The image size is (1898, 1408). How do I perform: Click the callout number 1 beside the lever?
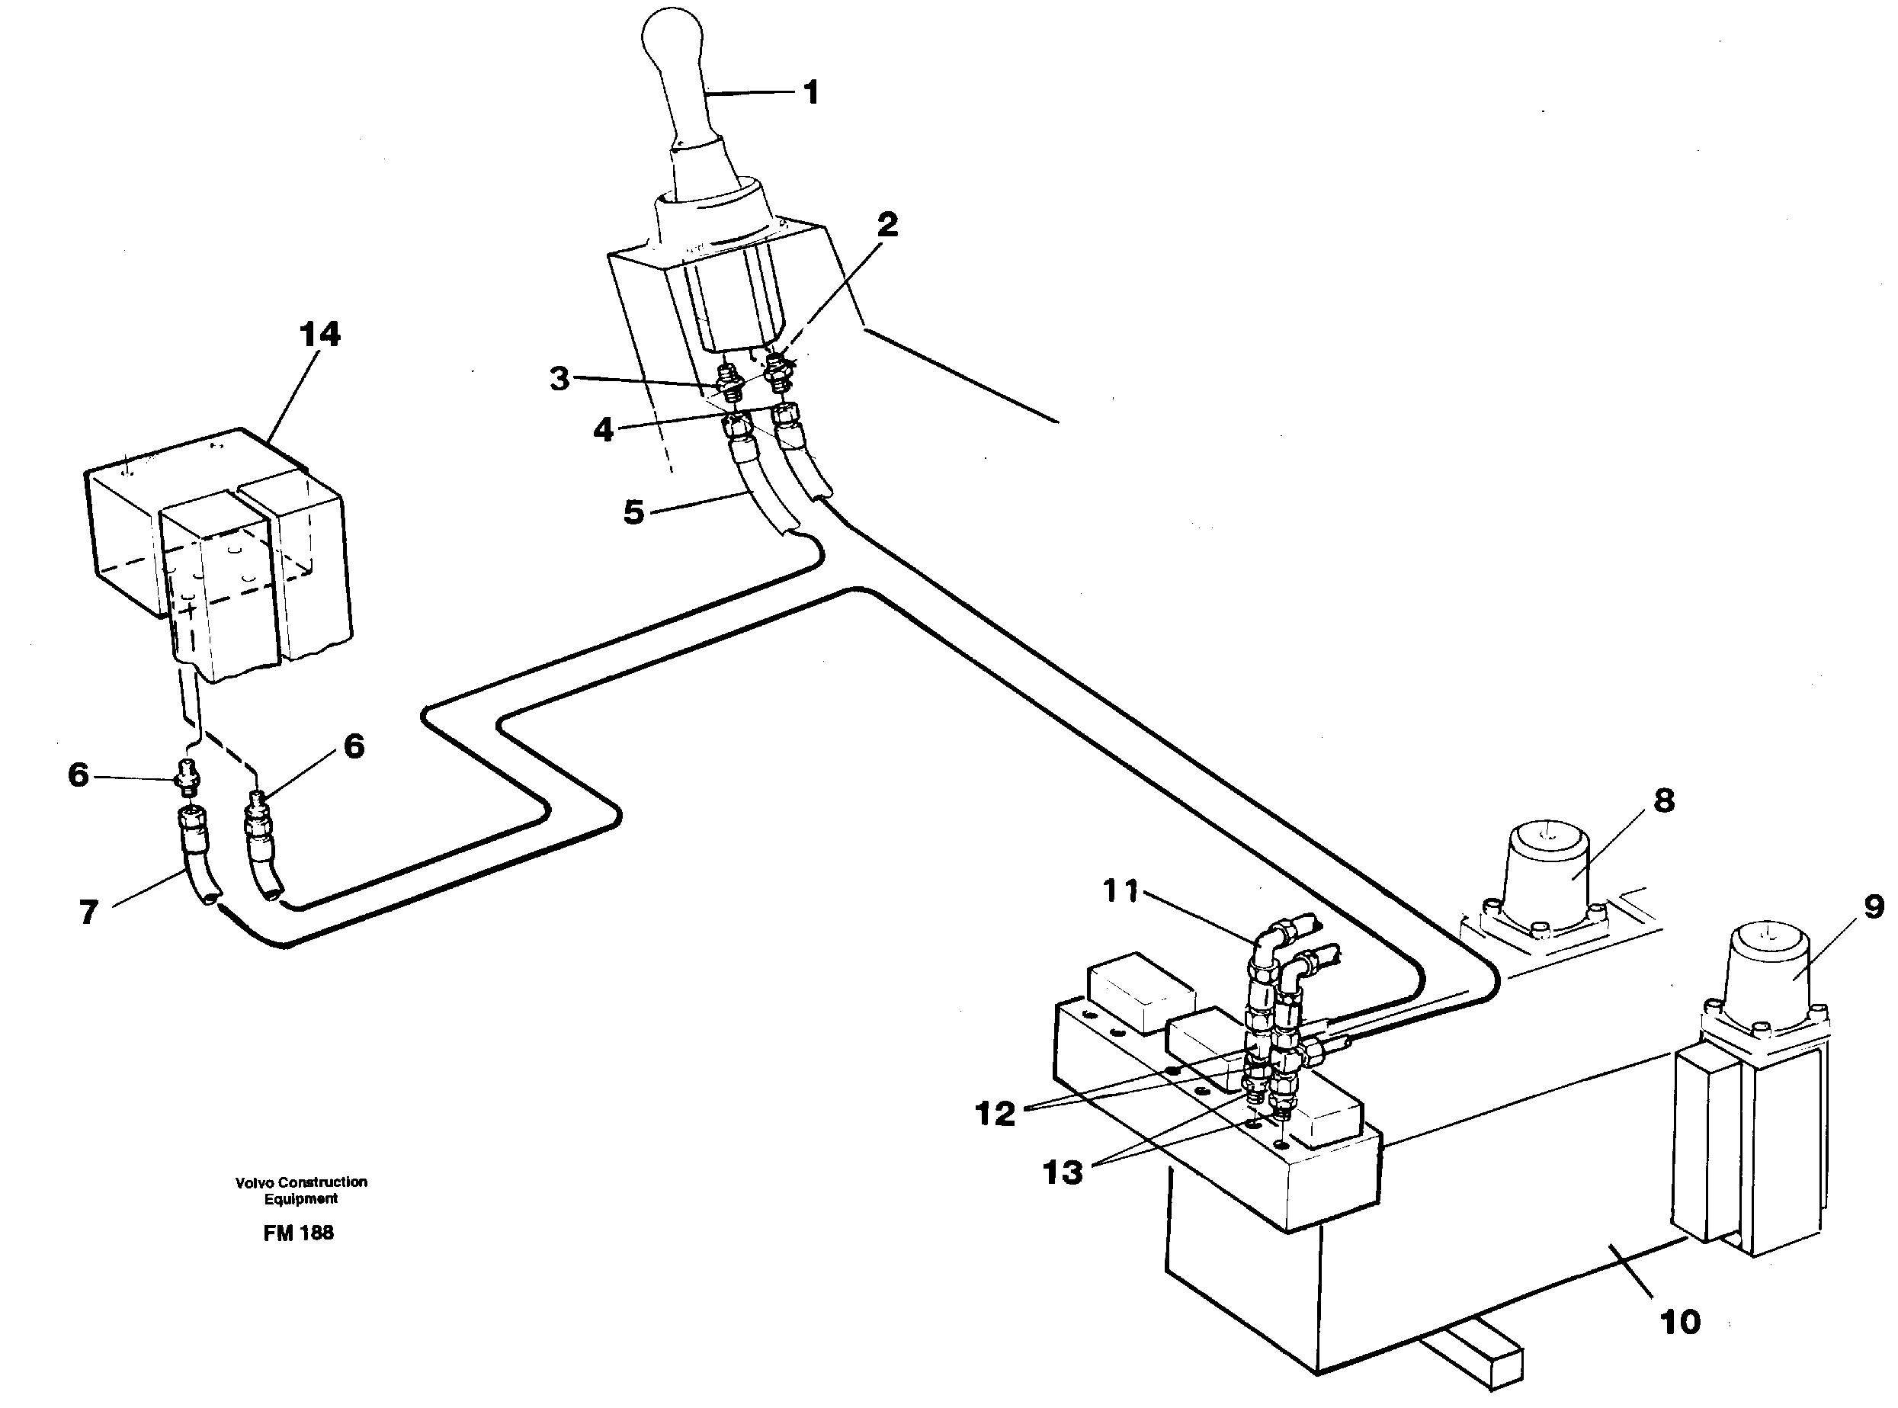[810, 92]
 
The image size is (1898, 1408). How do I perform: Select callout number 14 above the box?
[319, 334]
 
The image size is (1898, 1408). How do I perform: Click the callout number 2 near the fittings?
[887, 225]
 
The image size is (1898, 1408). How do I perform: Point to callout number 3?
[559, 378]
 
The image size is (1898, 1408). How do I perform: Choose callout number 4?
[604, 429]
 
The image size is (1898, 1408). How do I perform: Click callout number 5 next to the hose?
[633, 512]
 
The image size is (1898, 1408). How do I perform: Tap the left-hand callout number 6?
[79, 775]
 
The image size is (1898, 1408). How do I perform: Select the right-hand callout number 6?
[354, 746]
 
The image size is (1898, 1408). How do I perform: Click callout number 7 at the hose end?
[88, 912]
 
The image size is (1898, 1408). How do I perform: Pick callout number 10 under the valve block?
[1680, 1322]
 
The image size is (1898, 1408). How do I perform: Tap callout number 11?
[1121, 891]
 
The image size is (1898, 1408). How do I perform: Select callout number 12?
[995, 1113]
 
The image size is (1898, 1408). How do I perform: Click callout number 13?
[1063, 1172]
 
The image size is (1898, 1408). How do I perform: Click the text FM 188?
[298, 1233]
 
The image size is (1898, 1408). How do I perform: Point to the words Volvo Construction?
[301, 1182]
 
